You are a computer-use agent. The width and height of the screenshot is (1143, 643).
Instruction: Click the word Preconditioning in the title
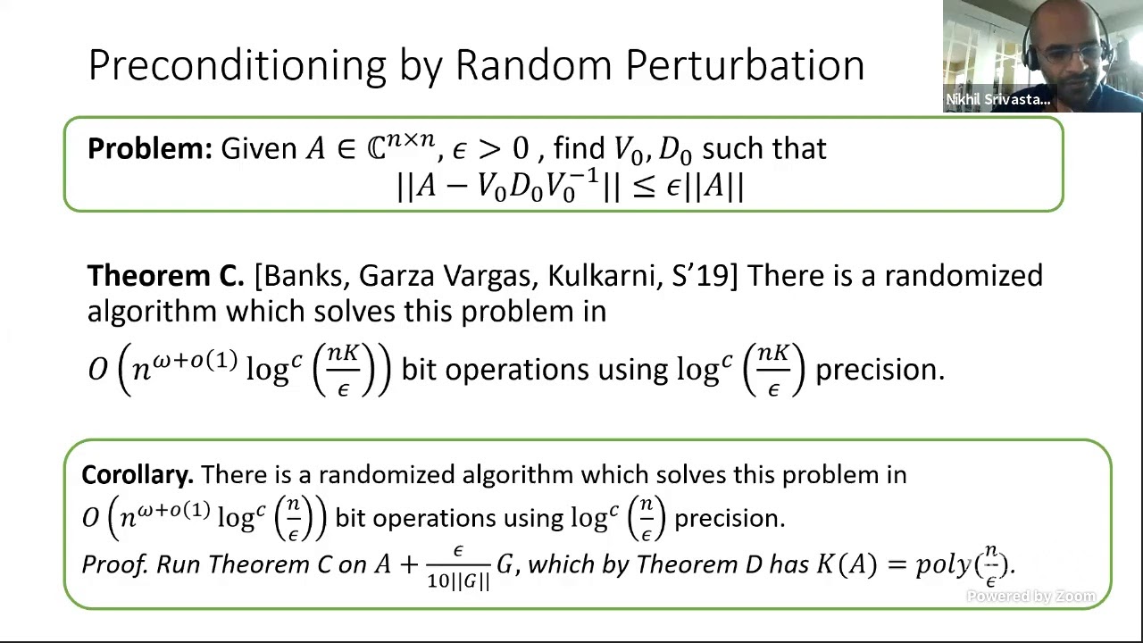point(237,66)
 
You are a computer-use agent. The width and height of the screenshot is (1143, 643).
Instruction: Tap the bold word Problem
point(148,148)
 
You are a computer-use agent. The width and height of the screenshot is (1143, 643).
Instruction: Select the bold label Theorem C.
point(165,276)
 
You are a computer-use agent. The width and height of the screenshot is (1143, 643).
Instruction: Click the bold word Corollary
point(137,474)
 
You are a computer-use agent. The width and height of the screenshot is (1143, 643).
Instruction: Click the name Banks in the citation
point(304,276)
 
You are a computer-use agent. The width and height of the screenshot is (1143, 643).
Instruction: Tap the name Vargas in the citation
point(487,276)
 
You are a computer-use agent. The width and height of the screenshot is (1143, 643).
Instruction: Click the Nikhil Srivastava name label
point(997,99)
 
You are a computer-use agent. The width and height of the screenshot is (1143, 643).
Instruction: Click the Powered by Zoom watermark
point(1030,597)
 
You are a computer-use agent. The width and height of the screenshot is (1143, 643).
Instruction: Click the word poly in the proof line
point(943,564)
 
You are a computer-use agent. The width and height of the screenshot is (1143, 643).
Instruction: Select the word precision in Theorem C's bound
point(879,369)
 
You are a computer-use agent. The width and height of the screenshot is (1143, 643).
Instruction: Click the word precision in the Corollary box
point(729,518)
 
